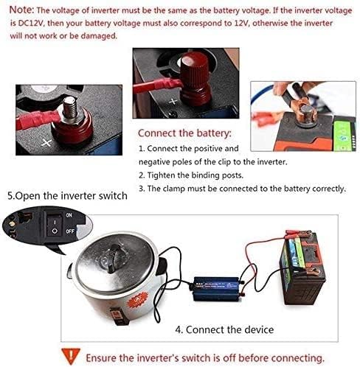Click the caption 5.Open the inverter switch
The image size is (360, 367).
click(x=67, y=196)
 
